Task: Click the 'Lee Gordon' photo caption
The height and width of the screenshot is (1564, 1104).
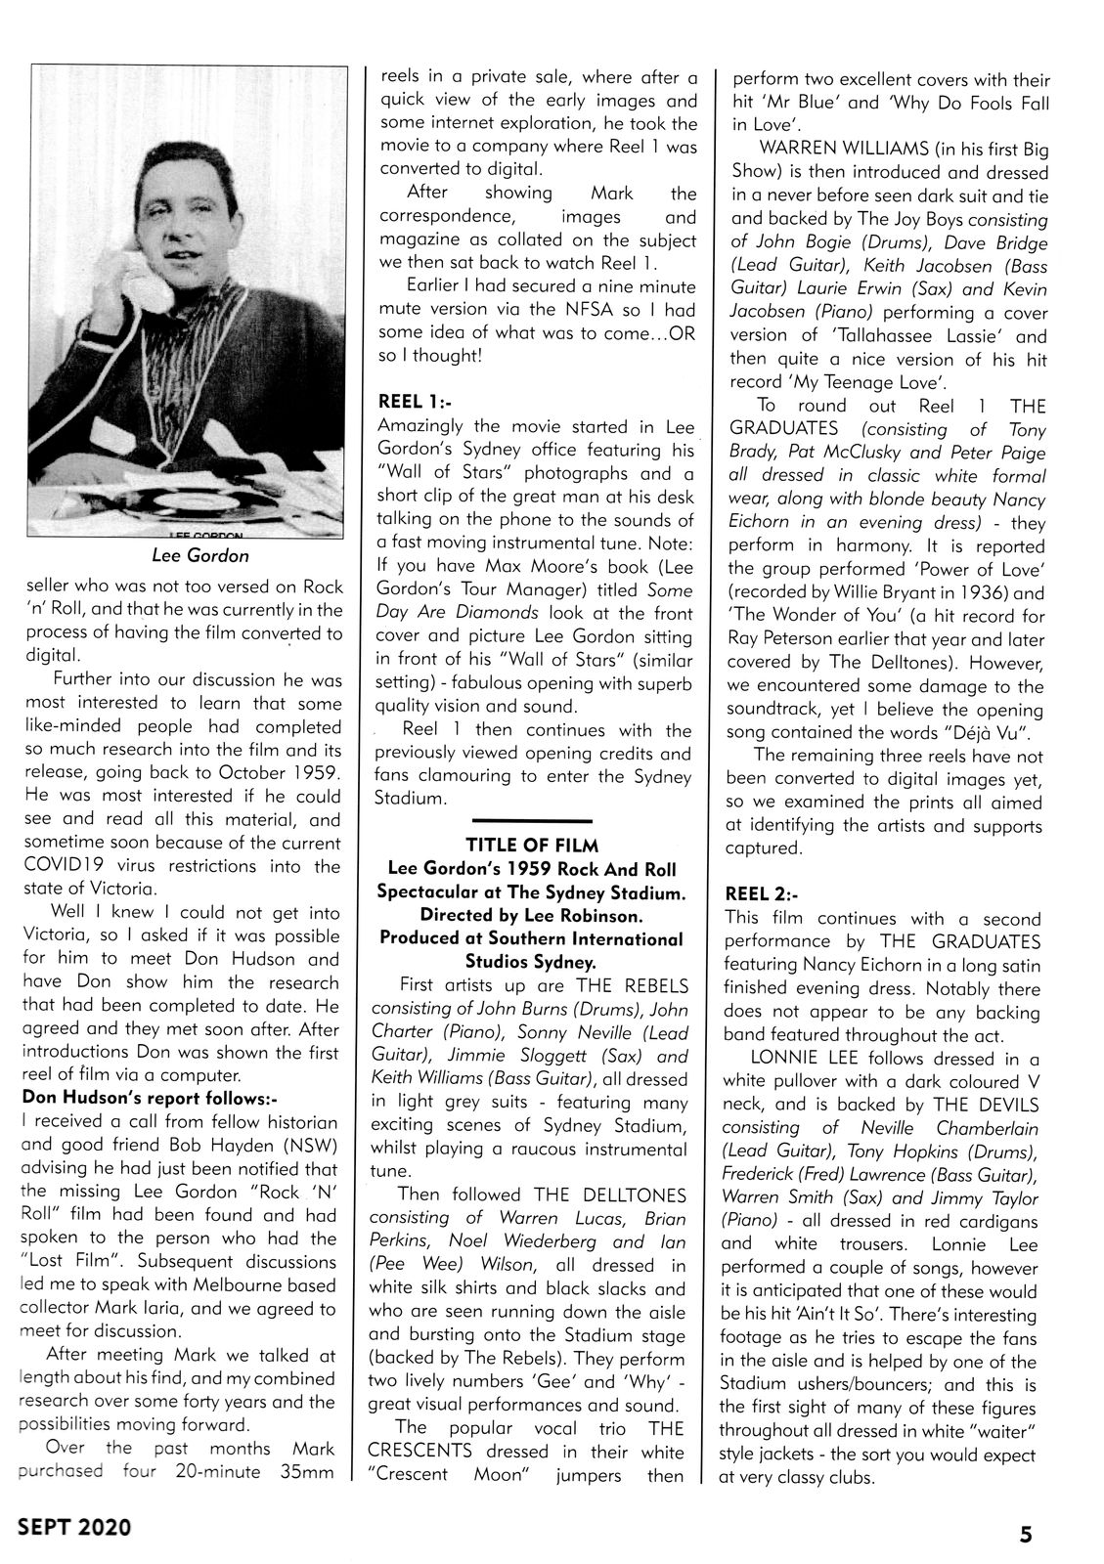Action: pyautogui.click(x=200, y=555)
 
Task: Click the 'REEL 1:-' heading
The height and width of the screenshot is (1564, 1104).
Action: pyautogui.click(x=416, y=401)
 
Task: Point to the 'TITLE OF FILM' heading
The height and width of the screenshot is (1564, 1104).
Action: pyautogui.click(x=532, y=845)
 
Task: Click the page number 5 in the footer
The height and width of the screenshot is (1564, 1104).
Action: pyautogui.click(x=1025, y=1535)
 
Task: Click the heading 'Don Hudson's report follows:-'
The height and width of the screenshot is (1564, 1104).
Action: pyautogui.click(x=150, y=1097)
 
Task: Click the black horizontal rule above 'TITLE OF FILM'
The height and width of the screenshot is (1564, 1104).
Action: pyautogui.click(x=532, y=819)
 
